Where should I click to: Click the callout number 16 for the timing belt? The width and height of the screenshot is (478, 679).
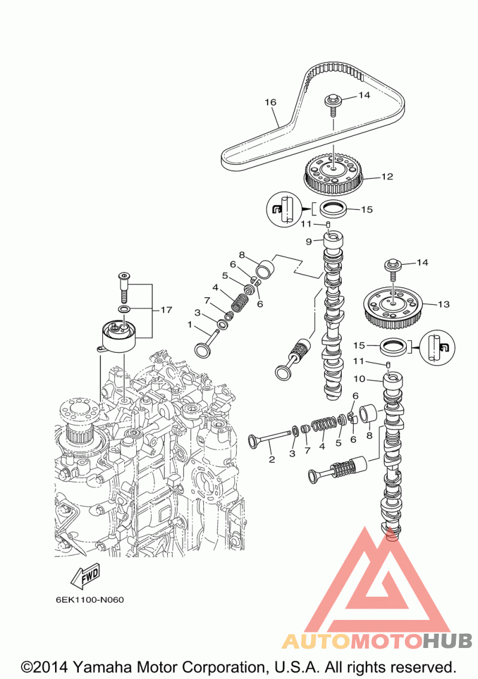coord(270,102)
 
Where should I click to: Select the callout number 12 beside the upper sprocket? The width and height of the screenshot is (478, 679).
coord(387,176)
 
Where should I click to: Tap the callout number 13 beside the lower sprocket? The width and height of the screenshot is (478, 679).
coord(444,304)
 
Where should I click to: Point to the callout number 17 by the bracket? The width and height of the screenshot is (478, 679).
coord(166,310)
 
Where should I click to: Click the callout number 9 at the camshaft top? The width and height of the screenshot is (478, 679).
coord(308,241)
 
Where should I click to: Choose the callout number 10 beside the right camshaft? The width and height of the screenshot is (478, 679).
coord(359,379)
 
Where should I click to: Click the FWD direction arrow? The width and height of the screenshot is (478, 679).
coord(85,576)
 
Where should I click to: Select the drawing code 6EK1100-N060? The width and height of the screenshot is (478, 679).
coord(90,600)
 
